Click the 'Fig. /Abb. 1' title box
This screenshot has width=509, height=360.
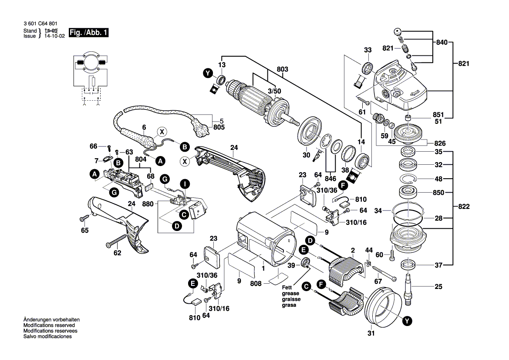(x=89, y=33)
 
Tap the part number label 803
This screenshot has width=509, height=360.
(x=283, y=69)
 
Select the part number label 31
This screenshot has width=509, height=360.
(x=371, y=333)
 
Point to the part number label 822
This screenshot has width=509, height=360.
(x=464, y=206)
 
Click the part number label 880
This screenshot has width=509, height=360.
(x=148, y=204)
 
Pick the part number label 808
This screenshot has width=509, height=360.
(x=256, y=283)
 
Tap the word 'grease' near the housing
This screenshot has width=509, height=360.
(x=290, y=293)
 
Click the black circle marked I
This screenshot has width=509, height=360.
(x=185, y=184)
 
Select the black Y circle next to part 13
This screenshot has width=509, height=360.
(x=208, y=73)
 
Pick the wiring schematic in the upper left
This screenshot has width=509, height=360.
(x=90, y=78)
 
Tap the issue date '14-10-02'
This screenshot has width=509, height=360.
(x=54, y=36)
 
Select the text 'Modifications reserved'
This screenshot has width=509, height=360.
(x=49, y=325)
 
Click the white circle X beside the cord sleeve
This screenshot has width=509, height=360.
(x=162, y=132)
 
